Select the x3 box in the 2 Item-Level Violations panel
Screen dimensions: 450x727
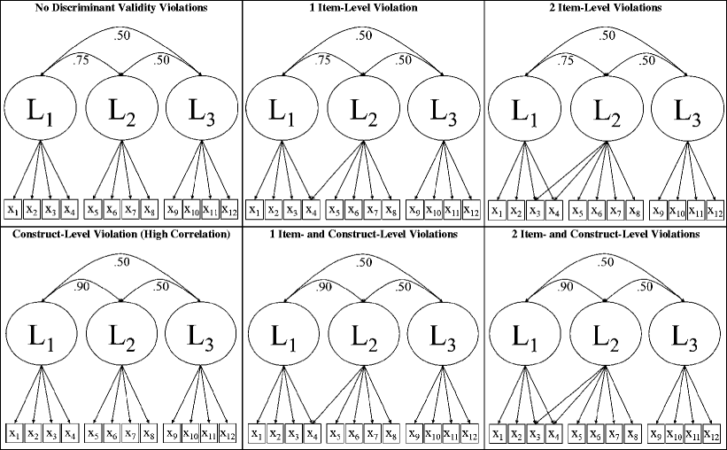coord(534,210)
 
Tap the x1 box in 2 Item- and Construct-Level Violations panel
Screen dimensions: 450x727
coord(498,434)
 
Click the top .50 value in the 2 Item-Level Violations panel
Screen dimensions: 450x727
coord(607,35)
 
